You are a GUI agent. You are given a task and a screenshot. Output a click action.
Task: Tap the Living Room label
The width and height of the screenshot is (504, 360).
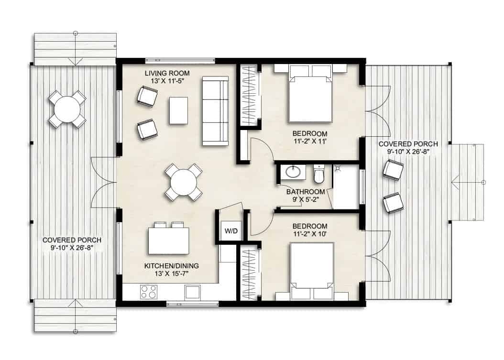(x=167, y=73)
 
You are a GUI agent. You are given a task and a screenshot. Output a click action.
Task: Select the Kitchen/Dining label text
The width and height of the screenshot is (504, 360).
(x=171, y=265)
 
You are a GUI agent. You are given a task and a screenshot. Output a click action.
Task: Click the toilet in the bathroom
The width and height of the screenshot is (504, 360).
(x=319, y=175)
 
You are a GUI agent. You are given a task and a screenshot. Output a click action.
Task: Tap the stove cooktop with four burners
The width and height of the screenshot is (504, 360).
(x=149, y=291)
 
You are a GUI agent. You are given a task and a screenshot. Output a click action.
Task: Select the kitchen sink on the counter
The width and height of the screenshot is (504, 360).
(x=193, y=292)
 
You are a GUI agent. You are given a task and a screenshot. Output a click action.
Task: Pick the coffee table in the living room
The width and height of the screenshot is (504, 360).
(x=178, y=110)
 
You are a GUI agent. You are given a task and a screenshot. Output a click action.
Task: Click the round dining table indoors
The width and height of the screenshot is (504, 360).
(x=184, y=182)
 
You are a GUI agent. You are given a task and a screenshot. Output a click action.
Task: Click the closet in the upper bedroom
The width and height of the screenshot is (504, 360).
(x=248, y=96)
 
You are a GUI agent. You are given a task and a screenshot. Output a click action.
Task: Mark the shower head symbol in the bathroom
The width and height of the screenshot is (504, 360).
(x=338, y=168)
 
